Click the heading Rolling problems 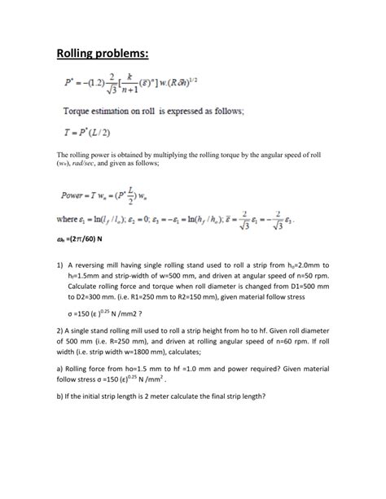tap(103, 55)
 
